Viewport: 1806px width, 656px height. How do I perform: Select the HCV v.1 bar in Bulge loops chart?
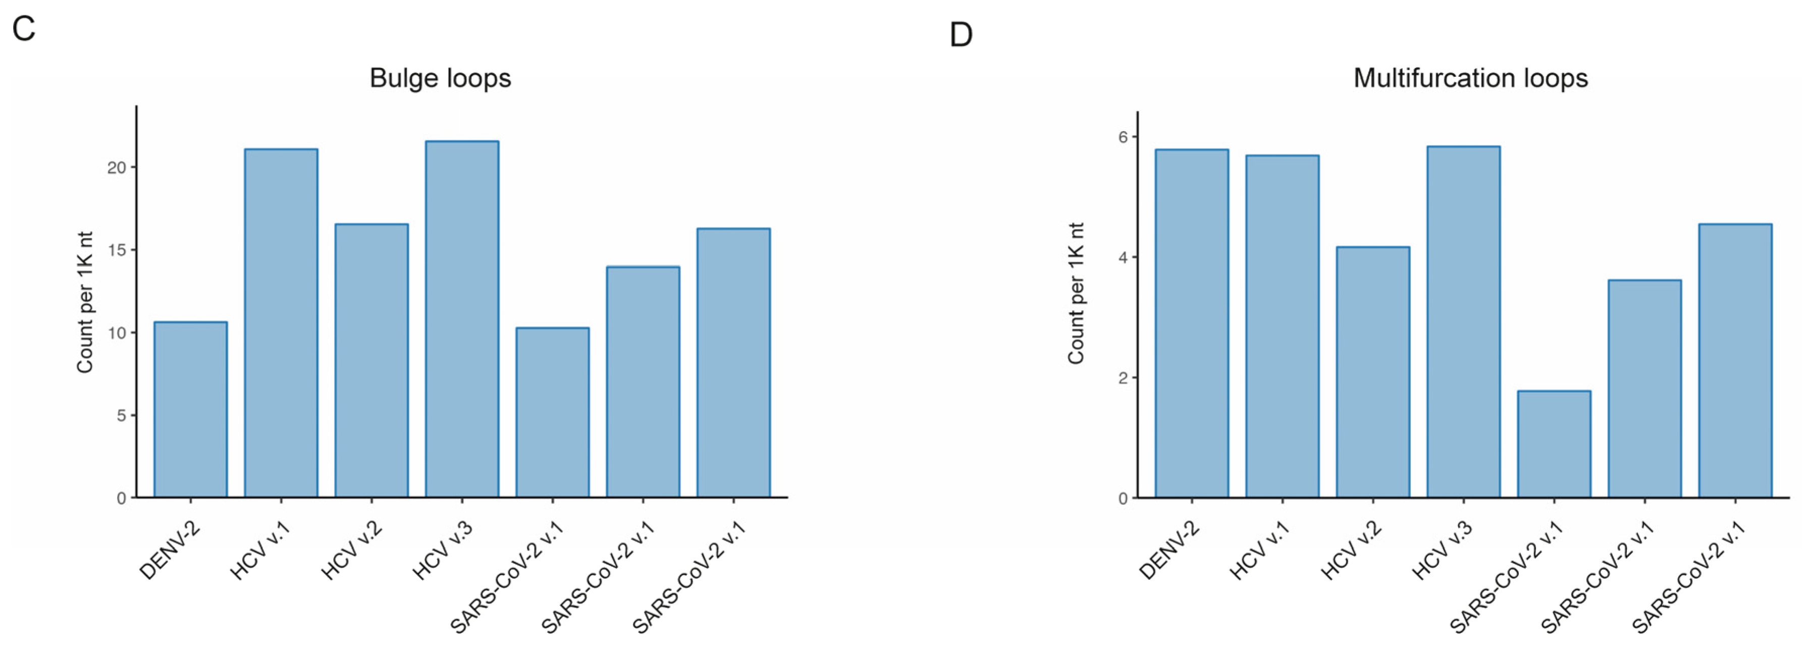tap(281, 323)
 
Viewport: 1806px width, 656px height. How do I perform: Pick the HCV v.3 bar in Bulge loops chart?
tap(461, 319)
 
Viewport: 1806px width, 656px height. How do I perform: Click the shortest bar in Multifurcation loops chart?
tap(1554, 445)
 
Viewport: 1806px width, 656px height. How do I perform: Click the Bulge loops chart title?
tap(440, 78)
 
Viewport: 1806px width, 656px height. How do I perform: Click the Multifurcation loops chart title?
tap(1470, 78)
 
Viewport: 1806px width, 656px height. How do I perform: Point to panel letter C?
tap(24, 29)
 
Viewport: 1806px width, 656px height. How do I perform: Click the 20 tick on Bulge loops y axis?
tap(117, 168)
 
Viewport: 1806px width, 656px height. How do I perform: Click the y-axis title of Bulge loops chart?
tap(85, 302)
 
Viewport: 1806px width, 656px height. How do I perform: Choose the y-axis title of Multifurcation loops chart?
tap(1076, 294)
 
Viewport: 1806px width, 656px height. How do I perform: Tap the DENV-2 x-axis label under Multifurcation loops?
tap(1168, 552)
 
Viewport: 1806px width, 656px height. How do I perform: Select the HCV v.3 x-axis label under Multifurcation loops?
tap(1442, 552)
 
